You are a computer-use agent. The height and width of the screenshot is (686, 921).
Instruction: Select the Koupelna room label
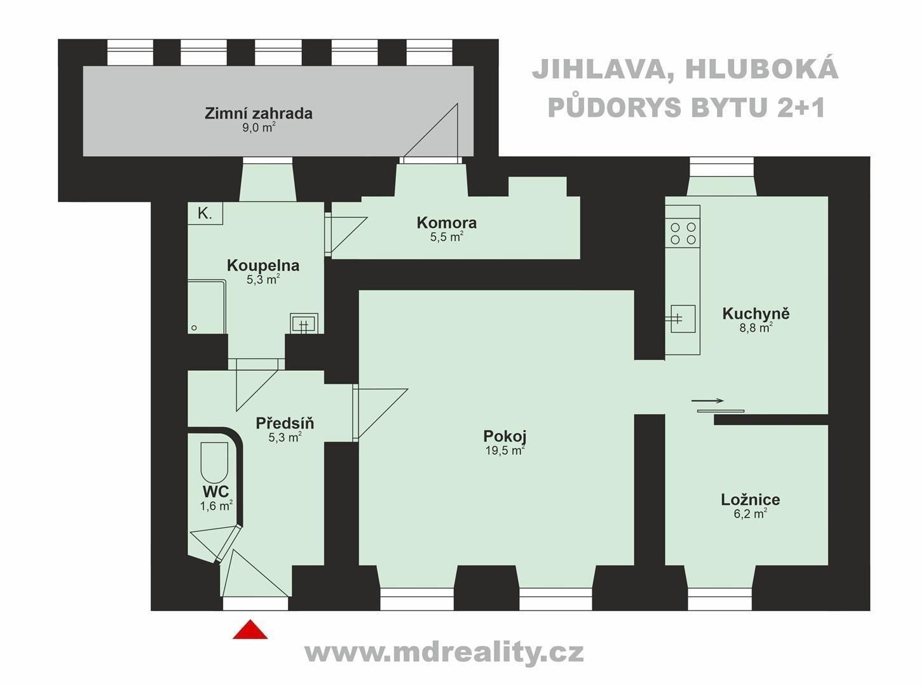(x=263, y=266)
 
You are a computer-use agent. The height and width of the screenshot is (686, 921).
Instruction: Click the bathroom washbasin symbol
(x=303, y=323)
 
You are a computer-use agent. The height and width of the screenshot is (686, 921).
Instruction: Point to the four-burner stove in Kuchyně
(x=683, y=233)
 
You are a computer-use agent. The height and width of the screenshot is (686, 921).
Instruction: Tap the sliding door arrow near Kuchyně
(x=707, y=401)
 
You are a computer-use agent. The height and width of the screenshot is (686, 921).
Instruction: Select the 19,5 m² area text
(x=504, y=450)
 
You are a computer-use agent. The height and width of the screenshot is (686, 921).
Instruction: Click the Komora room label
(x=446, y=223)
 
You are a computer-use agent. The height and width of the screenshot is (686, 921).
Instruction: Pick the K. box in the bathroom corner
(x=205, y=213)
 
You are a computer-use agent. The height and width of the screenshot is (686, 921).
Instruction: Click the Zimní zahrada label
(x=258, y=114)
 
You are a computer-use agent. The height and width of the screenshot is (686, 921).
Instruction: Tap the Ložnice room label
(x=750, y=500)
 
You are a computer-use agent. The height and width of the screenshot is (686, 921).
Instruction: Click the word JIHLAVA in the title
(x=595, y=70)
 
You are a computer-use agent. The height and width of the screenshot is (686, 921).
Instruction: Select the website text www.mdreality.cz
(x=444, y=652)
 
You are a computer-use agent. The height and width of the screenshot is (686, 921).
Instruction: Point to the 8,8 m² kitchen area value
(x=756, y=328)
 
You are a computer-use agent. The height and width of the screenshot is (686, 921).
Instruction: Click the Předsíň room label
(x=285, y=423)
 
